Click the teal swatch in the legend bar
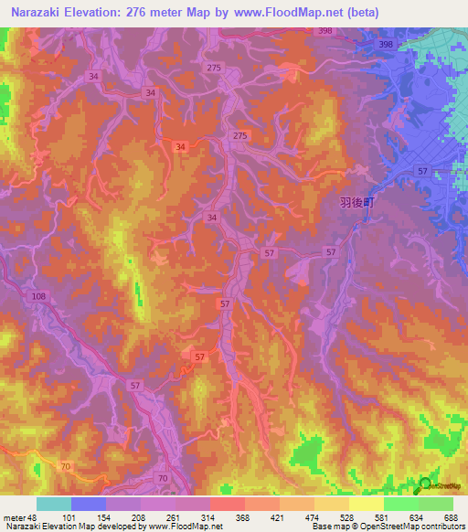point(54,505)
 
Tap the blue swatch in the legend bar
point(89,505)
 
